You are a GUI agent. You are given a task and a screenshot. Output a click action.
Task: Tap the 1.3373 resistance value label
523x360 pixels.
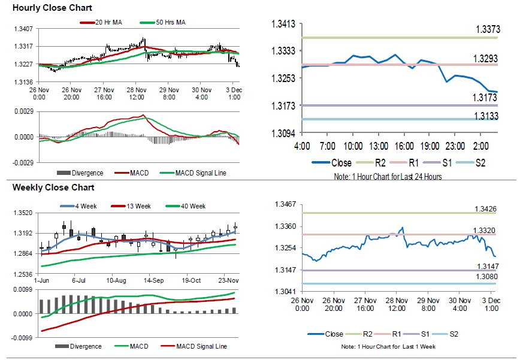pyautogui.click(x=488, y=29)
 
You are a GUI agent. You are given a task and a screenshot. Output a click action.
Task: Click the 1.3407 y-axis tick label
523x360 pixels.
pyautogui.click(x=23, y=29)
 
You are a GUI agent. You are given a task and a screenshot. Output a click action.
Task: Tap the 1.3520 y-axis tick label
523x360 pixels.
pyautogui.click(x=23, y=213)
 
